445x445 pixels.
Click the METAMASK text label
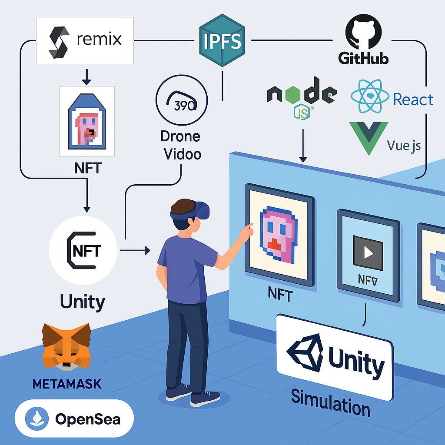tap(66, 384)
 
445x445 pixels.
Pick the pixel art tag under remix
tap(87, 121)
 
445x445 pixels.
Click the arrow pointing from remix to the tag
tap(86, 77)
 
